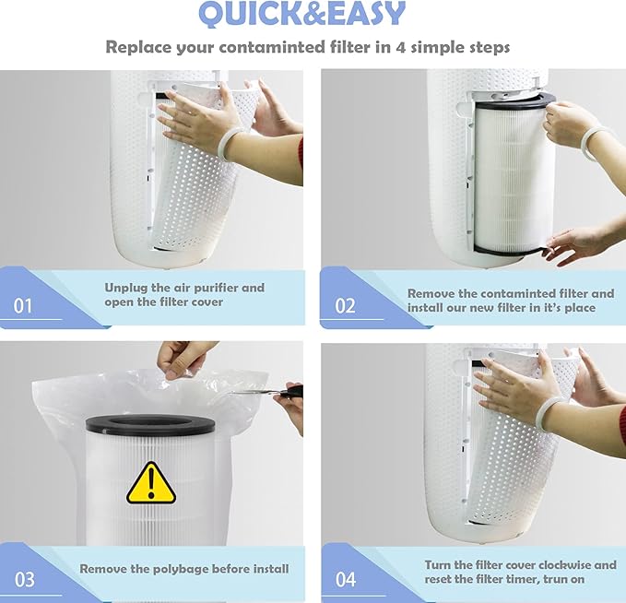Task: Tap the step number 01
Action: [x=23, y=305]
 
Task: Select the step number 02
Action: [x=345, y=305]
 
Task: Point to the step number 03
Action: [x=24, y=579]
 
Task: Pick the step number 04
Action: [x=345, y=579]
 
